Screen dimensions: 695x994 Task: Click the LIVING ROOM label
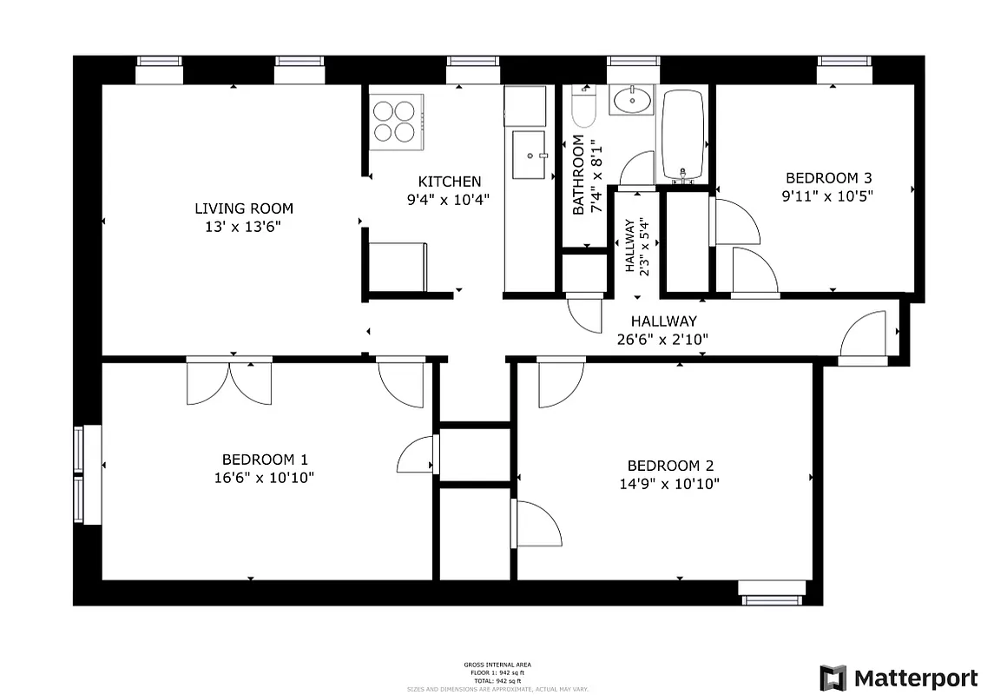[243, 208]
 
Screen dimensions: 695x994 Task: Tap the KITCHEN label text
[449, 182]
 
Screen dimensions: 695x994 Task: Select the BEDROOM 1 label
[265, 460]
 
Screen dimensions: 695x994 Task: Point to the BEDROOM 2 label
[669, 466]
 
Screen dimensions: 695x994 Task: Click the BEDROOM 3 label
[826, 178]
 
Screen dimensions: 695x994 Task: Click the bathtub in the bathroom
[681, 135]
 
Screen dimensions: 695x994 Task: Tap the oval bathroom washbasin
[632, 102]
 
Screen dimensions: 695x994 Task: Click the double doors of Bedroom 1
[229, 382]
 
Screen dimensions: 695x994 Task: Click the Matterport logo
[899, 677]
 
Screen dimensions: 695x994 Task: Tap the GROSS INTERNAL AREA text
[497, 665]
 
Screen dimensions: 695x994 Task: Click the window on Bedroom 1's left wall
[81, 474]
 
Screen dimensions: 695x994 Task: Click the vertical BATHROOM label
[579, 175]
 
